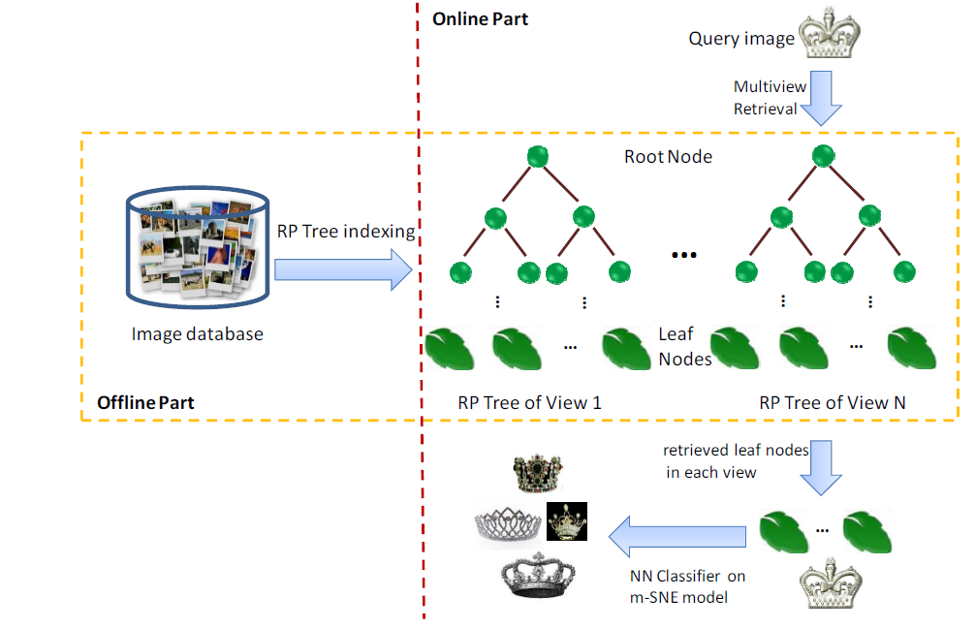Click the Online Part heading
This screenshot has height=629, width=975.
coord(480,19)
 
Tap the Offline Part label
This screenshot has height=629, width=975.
coord(145,403)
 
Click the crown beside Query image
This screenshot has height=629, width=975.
coord(829,33)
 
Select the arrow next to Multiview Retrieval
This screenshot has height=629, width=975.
coord(821,98)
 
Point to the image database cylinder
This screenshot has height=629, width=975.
coord(198,247)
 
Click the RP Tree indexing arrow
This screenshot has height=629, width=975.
coord(343,269)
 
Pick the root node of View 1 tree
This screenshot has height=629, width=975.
coord(538,156)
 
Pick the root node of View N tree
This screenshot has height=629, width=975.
coord(823,155)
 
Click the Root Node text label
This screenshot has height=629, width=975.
coord(669,157)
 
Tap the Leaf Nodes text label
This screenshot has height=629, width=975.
coord(684,346)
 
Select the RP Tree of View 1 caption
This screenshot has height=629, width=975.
coord(530,403)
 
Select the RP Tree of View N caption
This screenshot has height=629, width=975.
coord(832,403)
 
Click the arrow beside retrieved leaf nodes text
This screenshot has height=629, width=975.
coord(821,467)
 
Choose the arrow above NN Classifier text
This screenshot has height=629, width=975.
coord(677,536)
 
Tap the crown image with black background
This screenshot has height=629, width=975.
coord(566,520)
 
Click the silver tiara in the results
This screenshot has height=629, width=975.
coord(508,526)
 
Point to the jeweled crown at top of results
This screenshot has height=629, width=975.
coord(537,473)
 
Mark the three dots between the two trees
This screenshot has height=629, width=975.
coord(684,255)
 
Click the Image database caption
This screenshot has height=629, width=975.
coord(197,334)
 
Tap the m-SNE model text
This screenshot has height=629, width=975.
coord(678,597)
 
